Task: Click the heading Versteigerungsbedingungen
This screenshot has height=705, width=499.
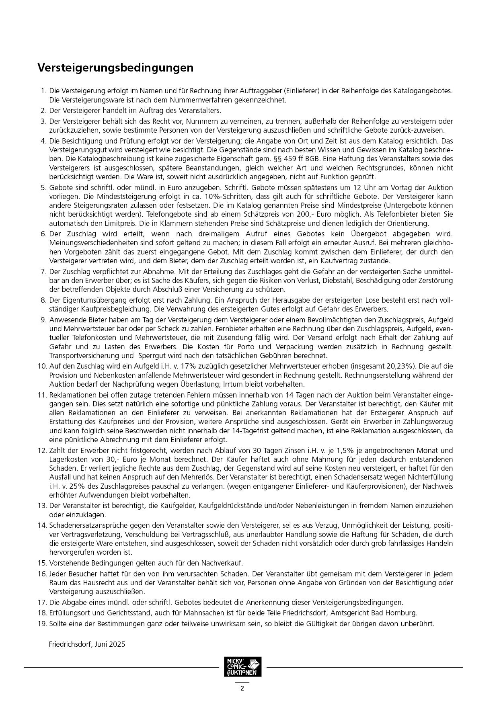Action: pyautogui.click(x=115, y=68)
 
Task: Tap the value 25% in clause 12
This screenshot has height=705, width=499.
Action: pyautogui.click(x=70, y=486)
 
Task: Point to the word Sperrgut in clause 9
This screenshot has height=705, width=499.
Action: pyautogui.click(x=153, y=356)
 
